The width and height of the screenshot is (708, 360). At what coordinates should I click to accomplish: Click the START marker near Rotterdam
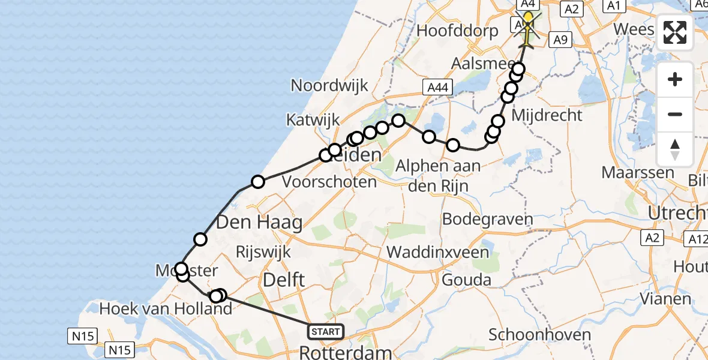[325, 331]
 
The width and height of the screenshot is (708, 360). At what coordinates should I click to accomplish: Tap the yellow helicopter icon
[528, 28]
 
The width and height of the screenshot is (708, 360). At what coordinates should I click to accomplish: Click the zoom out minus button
[675, 114]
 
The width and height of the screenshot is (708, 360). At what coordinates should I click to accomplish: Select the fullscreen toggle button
[675, 32]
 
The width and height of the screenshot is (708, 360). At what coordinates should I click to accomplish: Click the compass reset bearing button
[675, 149]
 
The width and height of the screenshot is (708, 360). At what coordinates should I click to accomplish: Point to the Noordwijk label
[329, 85]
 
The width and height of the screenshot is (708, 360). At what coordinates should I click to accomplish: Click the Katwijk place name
[313, 119]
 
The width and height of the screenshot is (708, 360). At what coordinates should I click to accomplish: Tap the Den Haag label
[259, 223]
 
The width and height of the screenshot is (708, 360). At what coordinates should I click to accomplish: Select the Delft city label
[283, 279]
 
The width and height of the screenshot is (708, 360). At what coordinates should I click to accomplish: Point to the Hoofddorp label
[457, 31]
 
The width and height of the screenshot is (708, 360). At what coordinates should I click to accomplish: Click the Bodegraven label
[488, 219]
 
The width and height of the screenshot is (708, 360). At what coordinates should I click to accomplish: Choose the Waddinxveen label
[438, 252]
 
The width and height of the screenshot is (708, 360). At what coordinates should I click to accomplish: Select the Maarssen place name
[638, 173]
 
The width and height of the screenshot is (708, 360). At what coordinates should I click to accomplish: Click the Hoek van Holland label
[166, 308]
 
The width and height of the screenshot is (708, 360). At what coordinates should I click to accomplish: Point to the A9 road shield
[560, 40]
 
